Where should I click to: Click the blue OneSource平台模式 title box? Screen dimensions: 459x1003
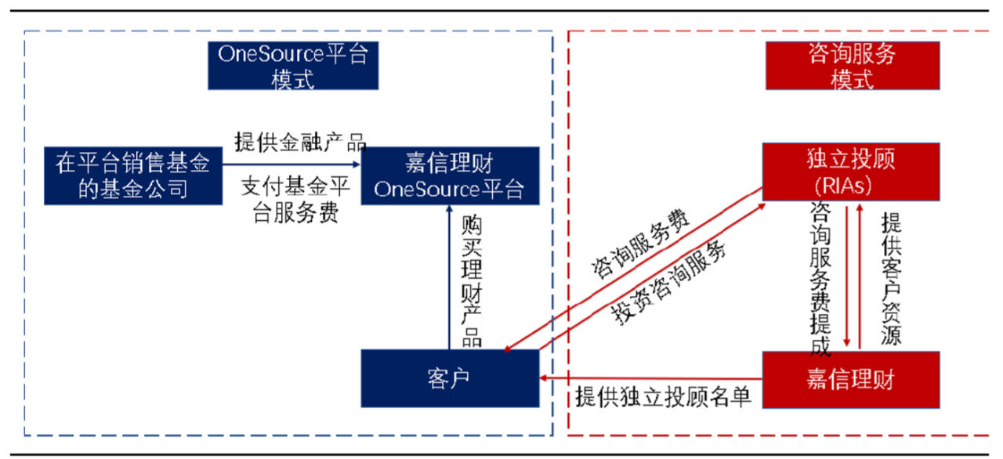pos(292,66)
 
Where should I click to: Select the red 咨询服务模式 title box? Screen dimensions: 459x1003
pos(851,66)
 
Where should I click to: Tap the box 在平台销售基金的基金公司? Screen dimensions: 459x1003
pos(133,175)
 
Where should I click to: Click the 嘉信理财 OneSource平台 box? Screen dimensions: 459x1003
pos(450,175)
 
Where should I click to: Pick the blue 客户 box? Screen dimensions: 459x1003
pos(450,378)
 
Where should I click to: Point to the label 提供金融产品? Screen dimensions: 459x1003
pos(300,142)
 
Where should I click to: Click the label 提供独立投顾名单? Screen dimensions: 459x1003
pos(663,396)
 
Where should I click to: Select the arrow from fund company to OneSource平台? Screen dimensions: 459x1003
pos(290,164)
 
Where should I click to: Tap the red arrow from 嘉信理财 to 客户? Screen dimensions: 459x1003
pos(650,379)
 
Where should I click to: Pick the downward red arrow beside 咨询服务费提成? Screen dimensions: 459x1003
pos(846,274)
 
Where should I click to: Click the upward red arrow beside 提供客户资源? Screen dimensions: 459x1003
pos(860,274)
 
